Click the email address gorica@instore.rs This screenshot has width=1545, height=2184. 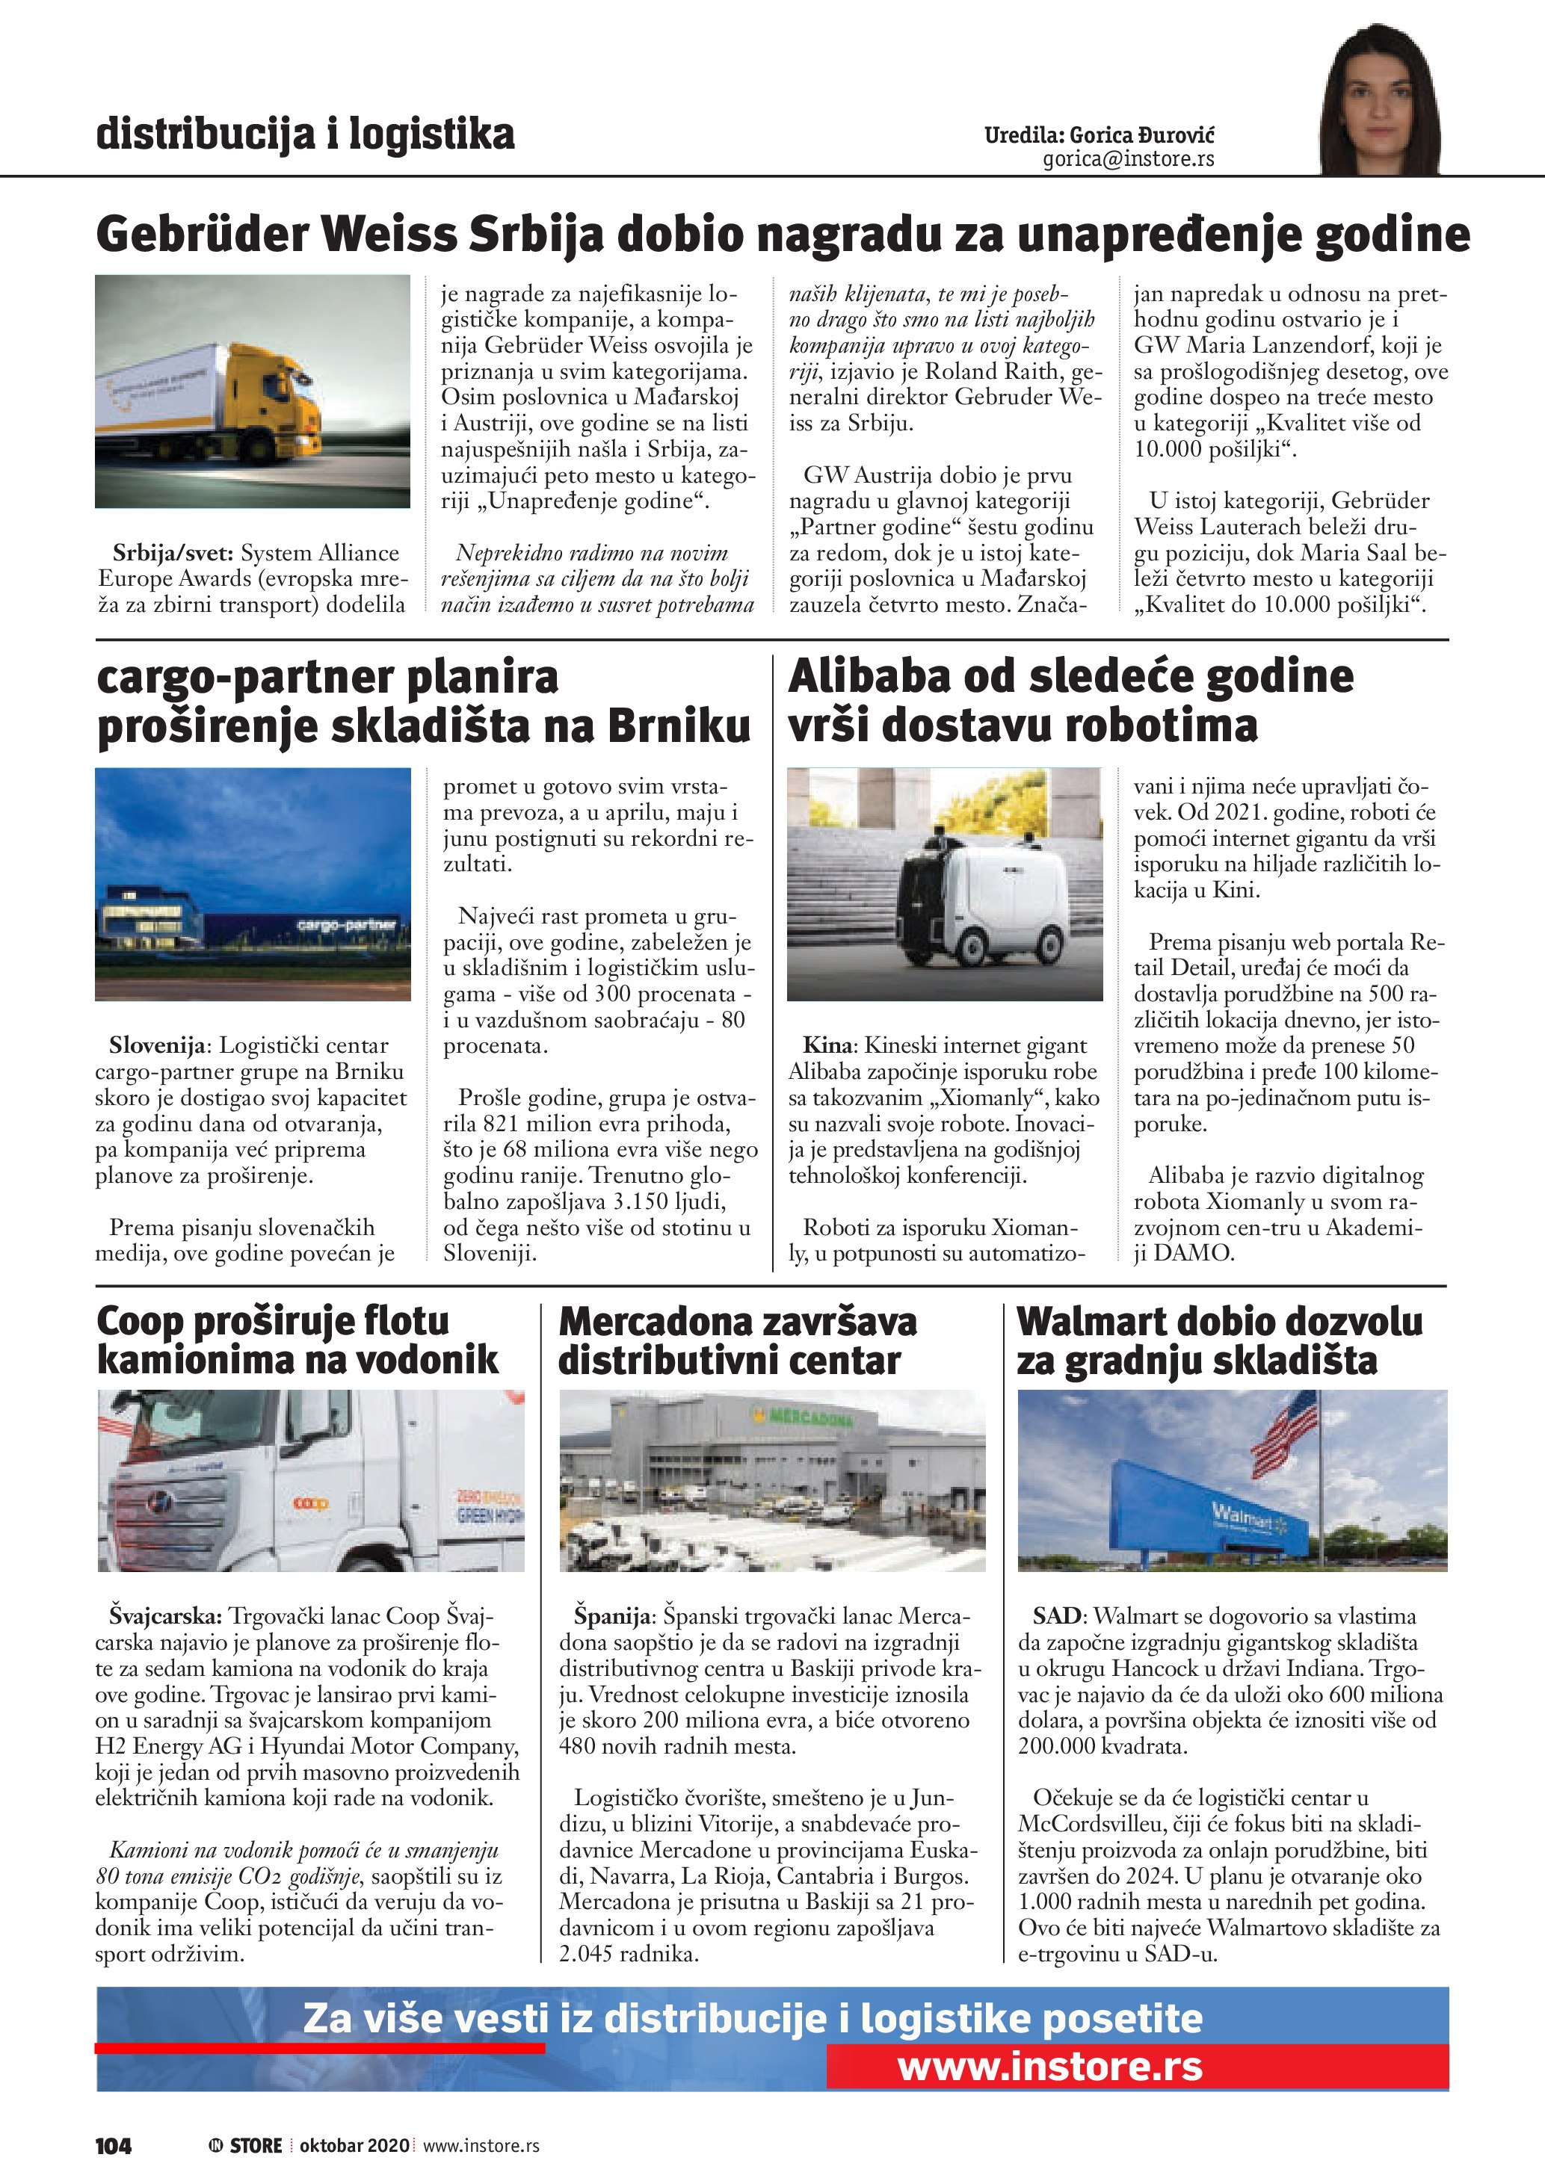pos(1129,160)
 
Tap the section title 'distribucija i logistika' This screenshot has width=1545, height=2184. pos(306,134)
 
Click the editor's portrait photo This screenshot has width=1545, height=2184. pos(1380,100)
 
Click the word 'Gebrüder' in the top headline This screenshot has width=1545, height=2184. pos(202,235)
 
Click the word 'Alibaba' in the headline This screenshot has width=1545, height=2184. pos(868,677)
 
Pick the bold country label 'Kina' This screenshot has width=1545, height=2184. pos(827,1045)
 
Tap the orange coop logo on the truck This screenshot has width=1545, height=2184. pos(310,1503)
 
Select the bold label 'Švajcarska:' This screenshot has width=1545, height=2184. pos(164,1616)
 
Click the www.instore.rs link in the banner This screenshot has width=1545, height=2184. pos(1049,2066)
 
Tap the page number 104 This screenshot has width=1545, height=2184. pos(113,2145)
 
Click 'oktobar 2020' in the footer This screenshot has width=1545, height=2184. pos(354,2145)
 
